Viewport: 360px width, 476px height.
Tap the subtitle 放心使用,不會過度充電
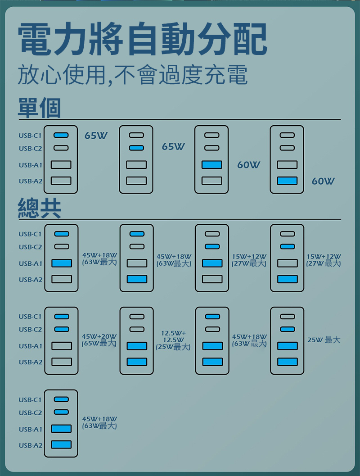point(132,75)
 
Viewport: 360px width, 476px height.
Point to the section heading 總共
point(39,208)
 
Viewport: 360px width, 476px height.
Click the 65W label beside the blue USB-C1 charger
point(96,135)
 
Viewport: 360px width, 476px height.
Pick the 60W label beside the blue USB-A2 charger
point(323,181)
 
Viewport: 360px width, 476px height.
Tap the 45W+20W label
point(99,336)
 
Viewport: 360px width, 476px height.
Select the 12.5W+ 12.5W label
point(173,336)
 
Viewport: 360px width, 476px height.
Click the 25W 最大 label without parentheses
point(324,340)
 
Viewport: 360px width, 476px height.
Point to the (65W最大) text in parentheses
point(99,344)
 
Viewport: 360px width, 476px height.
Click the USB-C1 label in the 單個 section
point(30,135)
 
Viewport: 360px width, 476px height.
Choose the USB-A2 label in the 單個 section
point(30,181)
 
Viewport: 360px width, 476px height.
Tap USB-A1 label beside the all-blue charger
point(30,429)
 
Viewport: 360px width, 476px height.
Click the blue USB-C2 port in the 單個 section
point(136,148)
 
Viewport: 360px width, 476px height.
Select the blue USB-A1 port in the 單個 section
point(211,165)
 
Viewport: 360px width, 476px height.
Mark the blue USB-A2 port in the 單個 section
point(287,181)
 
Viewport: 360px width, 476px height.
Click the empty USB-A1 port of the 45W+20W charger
point(61,346)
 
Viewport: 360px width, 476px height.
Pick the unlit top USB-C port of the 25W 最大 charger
point(287,317)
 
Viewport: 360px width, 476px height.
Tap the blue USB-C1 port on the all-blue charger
point(61,399)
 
